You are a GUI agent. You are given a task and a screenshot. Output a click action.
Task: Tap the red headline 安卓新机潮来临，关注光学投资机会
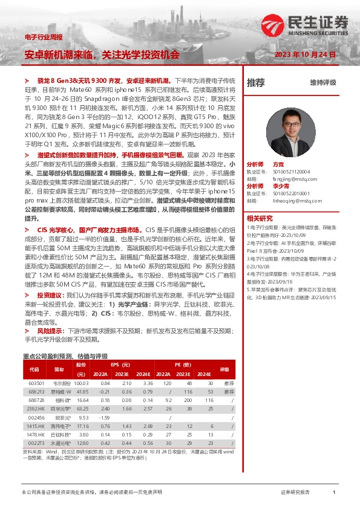pos(102,54)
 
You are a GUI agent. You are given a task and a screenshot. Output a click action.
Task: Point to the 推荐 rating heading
pos(256,82)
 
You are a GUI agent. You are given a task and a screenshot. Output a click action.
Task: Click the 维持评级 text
pos(322,82)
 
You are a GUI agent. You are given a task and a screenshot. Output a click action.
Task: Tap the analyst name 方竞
pos(278,164)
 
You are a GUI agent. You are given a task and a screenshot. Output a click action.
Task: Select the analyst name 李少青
pos(281,186)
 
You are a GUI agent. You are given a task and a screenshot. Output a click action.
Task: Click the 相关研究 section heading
pos(260,217)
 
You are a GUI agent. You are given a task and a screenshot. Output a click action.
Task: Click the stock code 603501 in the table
pos(37,383)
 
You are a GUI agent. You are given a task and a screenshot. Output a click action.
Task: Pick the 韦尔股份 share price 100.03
pos(81,383)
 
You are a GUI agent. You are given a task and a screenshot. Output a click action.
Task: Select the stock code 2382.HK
pos(37,409)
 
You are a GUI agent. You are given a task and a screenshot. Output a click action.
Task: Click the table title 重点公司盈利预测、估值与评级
pos(65,356)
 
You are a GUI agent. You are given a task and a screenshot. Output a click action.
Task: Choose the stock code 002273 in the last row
pos(37,443)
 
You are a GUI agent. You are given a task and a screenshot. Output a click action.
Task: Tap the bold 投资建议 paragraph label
pos(50,294)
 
